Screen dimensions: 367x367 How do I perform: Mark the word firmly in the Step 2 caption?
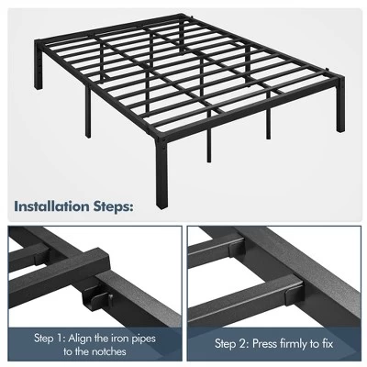[x=303, y=345]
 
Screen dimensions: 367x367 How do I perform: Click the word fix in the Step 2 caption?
[x=341, y=345]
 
